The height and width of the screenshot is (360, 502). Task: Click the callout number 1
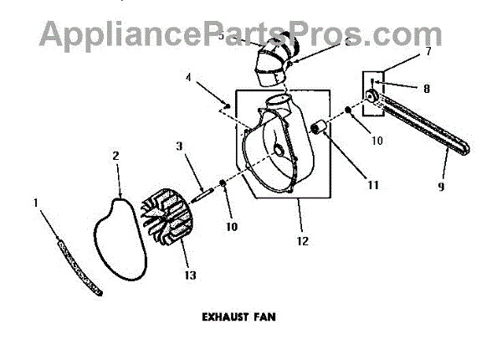[37, 202]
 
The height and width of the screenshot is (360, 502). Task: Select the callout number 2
[115, 155]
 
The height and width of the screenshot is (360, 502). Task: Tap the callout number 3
[179, 147]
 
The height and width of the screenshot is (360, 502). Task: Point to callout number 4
[190, 80]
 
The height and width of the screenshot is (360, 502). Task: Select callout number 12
[303, 241]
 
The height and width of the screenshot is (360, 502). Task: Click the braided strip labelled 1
[79, 267]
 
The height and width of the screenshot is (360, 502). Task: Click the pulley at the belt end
[371, 105]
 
